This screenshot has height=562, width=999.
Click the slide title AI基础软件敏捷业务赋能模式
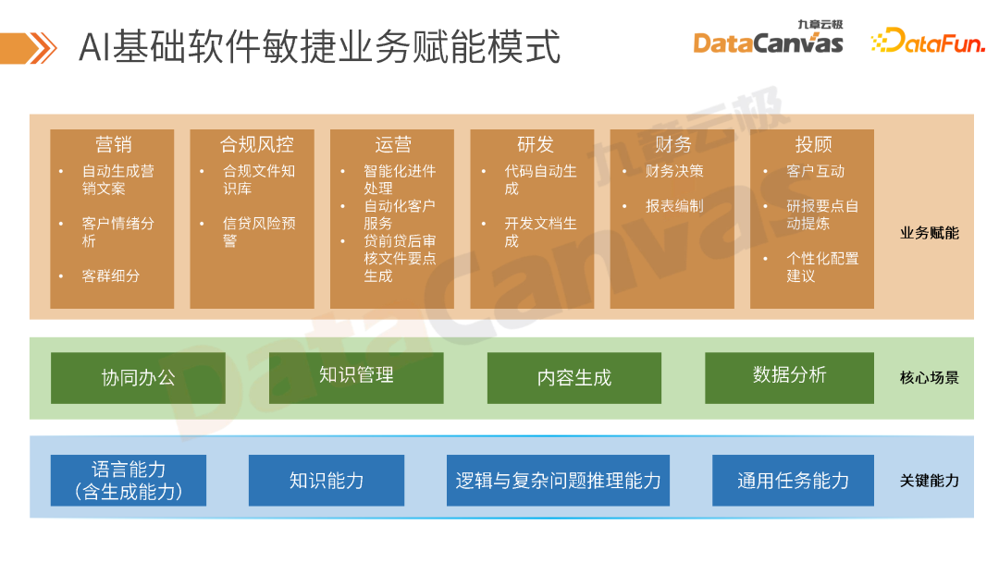coord(319,46)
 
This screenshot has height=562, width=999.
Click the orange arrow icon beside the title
coord(28,46)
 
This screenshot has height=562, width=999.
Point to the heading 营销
coord(113,145)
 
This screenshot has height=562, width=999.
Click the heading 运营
coord(393,145)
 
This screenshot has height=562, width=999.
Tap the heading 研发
coord(535,145)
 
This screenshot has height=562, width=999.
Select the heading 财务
coord(672,145)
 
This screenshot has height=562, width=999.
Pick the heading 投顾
coord(813,145)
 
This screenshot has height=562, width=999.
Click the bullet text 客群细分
coord(110,275)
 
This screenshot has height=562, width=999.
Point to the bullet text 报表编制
coord(674,206)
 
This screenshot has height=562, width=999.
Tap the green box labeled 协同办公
coord(138,378)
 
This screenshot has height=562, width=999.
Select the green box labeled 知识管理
coord(356,375)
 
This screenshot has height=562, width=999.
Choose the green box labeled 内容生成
coord(574,378)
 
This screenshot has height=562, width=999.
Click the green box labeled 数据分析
coord(789,375)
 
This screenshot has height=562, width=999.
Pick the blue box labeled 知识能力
coord(327,481)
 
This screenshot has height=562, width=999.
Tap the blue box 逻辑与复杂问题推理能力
coord(558,481)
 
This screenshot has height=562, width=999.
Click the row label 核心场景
coord(929,378)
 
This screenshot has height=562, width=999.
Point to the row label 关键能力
coord(929,481)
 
